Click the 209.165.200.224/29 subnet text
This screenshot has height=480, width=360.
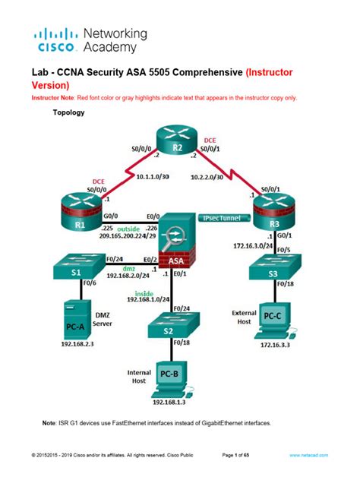(135, 235)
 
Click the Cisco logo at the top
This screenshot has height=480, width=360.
(56, 40)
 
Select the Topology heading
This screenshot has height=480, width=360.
(68, 113)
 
